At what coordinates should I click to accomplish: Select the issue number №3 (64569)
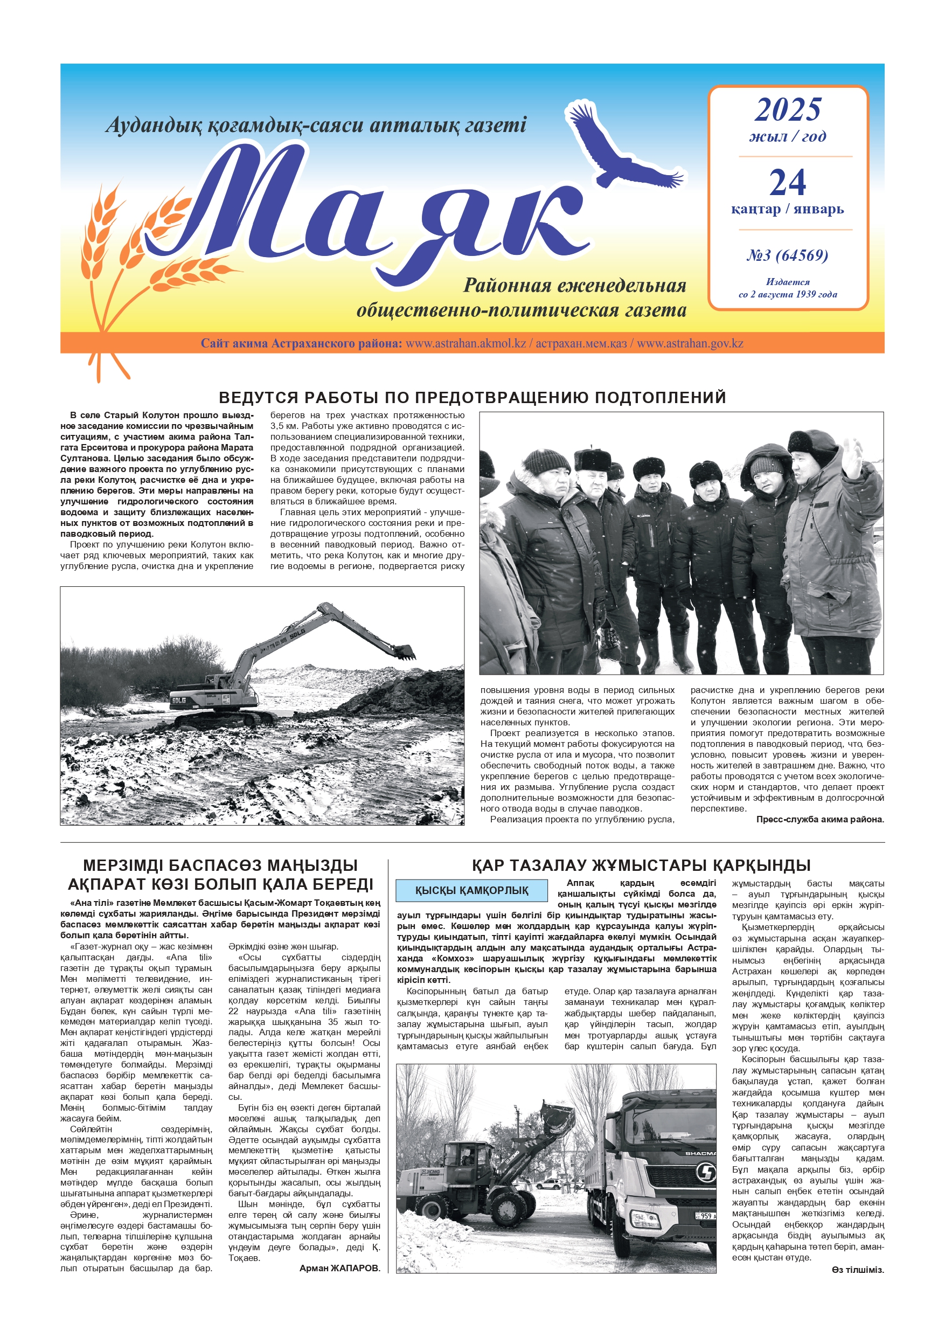(787, 255)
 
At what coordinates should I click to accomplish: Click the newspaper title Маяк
(373, 204)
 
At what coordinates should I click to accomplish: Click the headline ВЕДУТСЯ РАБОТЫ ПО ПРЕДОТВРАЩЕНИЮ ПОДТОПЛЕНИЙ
(472, 398)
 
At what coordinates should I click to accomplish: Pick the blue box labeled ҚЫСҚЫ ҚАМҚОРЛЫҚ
(471, 890)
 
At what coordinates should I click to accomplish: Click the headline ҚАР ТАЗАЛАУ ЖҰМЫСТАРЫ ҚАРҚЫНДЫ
(641, 865)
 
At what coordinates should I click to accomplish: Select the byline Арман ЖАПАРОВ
(339, 1268)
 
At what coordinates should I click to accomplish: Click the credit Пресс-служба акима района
(819, 819)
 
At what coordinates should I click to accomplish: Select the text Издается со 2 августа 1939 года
(787, 288)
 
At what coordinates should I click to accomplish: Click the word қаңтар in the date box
(755, 209)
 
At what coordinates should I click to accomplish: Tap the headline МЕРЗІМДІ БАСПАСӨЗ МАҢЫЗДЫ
(220, 865)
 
